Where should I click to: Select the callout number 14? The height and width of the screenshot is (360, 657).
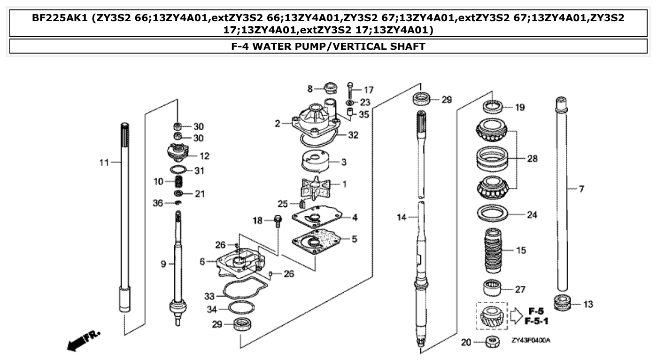point(400,217)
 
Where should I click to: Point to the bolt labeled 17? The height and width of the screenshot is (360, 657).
point(350,89)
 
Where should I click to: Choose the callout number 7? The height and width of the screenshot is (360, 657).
point(581,189)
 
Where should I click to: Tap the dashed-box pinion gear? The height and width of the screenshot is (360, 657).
point(492,316)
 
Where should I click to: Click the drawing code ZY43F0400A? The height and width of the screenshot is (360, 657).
point(531,340)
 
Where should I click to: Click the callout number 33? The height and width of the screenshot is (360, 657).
point(209,296)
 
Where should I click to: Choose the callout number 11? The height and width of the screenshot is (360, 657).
point(104,163)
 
